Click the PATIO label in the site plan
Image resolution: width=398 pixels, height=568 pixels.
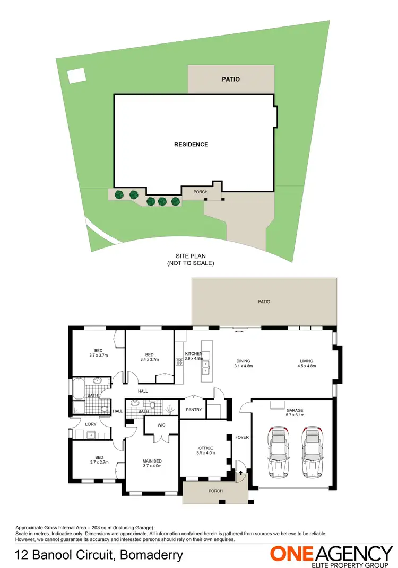coord(230,79)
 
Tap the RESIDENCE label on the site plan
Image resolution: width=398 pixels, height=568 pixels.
coord(191,144)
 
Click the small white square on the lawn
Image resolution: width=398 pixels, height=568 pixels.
coord(76,76)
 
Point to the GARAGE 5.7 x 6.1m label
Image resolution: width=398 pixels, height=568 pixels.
coord(295,413)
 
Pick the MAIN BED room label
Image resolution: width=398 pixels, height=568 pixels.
coord(152,464)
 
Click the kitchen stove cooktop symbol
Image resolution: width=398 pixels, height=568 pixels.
coord(179,362)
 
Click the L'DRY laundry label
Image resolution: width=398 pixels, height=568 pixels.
coord(90,424)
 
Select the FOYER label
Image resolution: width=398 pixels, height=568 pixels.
coord(242,437)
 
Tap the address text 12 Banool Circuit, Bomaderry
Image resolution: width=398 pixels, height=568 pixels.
coord(99,555)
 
